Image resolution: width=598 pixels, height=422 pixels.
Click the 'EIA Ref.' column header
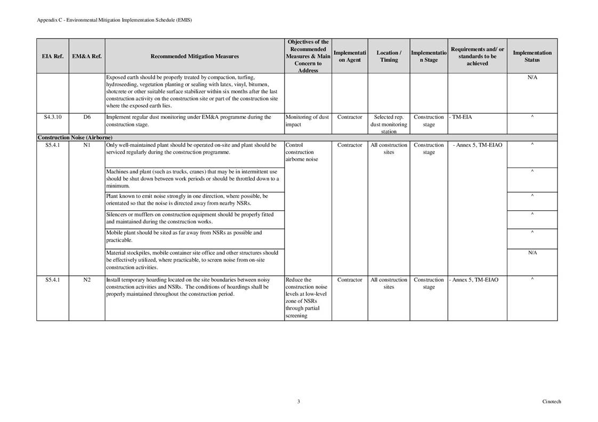coord(52,56)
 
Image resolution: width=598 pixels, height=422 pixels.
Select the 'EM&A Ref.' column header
coord(86,56)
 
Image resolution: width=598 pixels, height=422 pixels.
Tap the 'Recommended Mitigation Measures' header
coord(195,56)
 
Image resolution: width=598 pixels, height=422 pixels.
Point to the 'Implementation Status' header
coord(532,56)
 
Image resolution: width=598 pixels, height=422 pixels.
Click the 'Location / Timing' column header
coord(389,56)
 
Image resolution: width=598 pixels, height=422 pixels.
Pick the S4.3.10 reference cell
coord(52,117)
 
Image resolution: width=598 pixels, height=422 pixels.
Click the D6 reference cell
coord(86,117)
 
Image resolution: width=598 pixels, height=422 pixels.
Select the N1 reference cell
coord(86,145)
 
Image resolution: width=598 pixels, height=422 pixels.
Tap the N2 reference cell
coord(86,279)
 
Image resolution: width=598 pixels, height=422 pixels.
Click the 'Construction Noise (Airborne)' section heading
coord(71,137)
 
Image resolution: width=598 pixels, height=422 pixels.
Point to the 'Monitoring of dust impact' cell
coord(308,121)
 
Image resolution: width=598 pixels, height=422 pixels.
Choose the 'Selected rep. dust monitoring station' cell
coord(389,124)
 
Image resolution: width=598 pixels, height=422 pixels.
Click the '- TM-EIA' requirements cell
coord(460,117)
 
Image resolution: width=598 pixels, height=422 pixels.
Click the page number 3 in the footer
coord(298,402)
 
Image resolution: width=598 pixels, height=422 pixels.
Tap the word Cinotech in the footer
coord(552,402)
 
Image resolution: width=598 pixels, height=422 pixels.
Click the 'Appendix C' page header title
coord(114,20)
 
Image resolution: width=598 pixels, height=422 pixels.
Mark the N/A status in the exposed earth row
coord(532,78)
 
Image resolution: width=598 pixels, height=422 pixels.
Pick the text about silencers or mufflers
coord(190,218)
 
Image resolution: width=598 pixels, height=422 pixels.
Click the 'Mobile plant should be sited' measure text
coord(184,236)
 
